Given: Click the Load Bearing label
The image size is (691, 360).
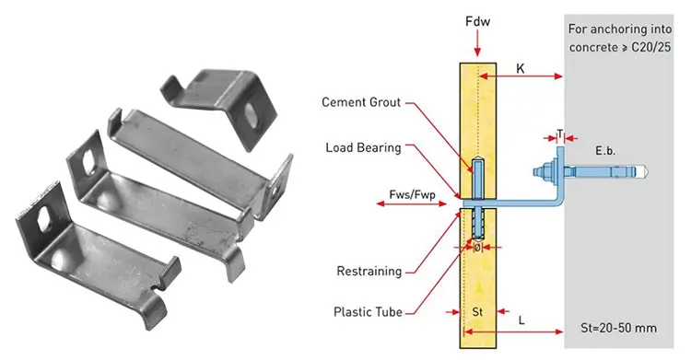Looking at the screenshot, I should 363,147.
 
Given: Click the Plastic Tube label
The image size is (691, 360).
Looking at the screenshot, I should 366,311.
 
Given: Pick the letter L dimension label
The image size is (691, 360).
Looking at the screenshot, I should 521,319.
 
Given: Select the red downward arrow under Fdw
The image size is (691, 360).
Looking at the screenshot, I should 476,42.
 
